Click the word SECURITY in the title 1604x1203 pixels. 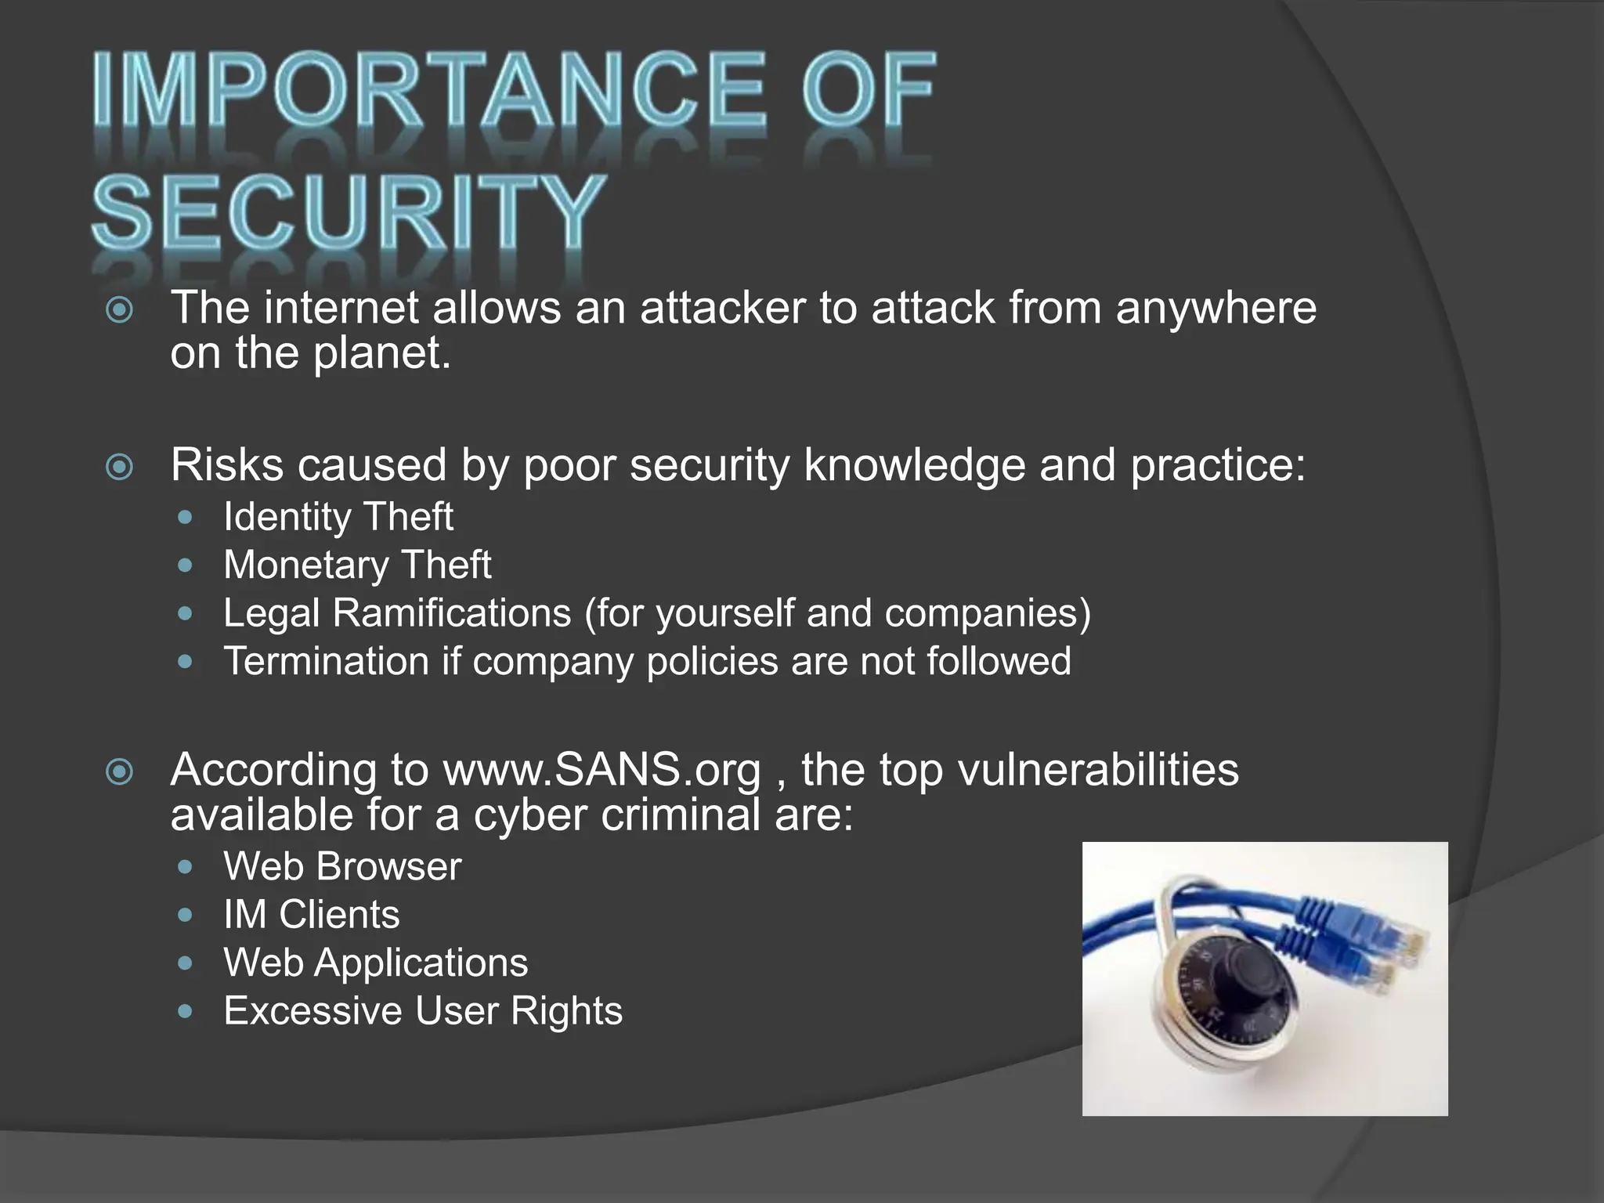coord(349,211)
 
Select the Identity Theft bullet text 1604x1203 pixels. coord(338,517)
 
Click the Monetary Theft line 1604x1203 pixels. coord(357,565)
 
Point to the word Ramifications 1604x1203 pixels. coord(452,612)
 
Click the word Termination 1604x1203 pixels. coord(326,661)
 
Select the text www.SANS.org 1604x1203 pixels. coord(601,770)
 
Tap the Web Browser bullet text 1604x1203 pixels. coord(342,866)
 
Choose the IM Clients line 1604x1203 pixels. coord(311,915)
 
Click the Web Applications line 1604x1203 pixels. coord(375,963)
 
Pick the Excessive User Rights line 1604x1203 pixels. coord(423,1011)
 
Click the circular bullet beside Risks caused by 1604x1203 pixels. coord(119,468)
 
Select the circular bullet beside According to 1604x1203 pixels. coord(119,772)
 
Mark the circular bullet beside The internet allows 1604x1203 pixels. coord(119,310)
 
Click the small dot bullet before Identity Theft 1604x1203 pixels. coord(185,518)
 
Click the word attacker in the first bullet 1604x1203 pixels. coord(722,308)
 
